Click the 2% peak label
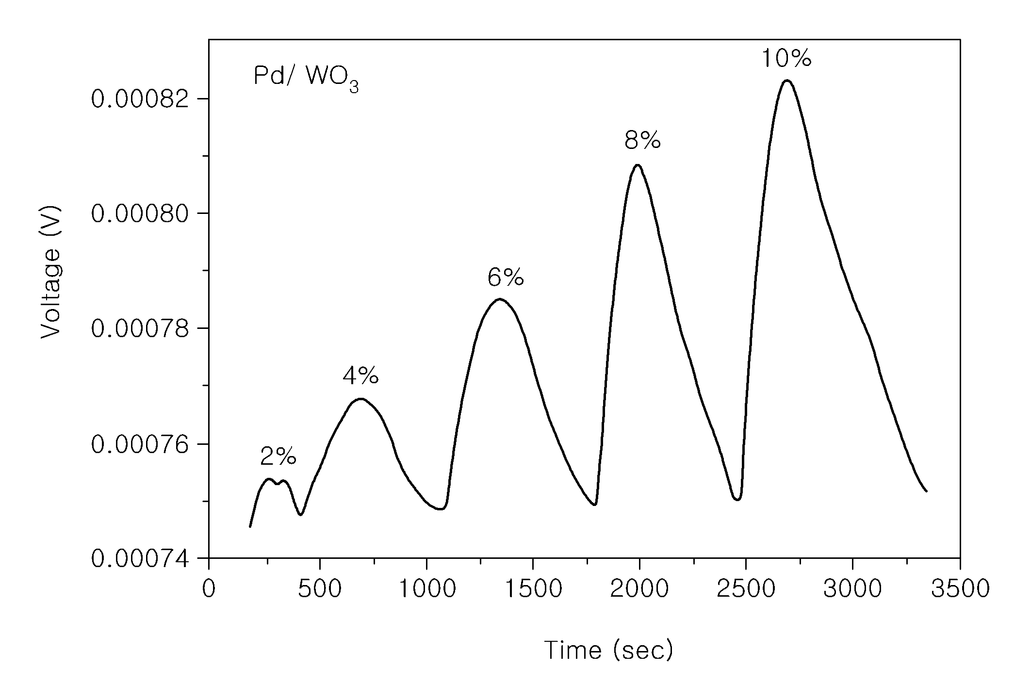278,456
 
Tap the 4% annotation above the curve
360,375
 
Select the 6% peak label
506,278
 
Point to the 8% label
642,141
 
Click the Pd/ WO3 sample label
306,79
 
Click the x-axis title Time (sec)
608,650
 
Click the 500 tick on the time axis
320,589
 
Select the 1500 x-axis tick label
533,589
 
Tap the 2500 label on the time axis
746,589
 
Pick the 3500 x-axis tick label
960,589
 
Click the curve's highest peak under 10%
786,81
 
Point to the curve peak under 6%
500,299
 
